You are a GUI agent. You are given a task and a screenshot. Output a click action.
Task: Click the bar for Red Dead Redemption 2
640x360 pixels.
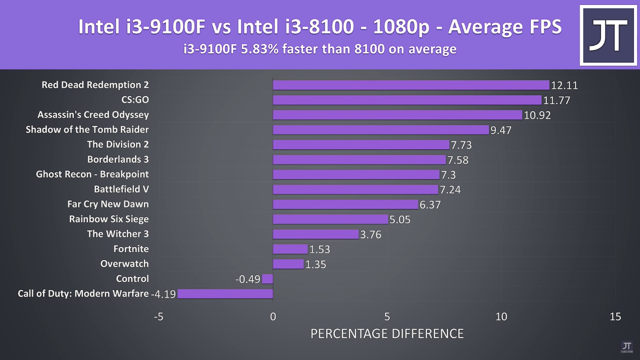411,85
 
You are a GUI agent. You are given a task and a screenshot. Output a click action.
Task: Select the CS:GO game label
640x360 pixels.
135,100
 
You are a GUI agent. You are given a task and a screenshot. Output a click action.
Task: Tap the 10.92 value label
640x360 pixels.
537,115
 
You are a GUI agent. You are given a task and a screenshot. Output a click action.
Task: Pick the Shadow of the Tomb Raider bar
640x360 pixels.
381,130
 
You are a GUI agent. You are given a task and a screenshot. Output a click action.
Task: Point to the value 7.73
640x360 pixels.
461,145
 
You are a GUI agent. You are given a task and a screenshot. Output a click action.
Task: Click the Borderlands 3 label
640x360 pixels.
118,160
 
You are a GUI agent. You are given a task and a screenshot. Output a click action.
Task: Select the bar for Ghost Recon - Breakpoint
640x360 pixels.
356,174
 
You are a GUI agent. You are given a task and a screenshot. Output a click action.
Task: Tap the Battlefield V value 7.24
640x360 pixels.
450,190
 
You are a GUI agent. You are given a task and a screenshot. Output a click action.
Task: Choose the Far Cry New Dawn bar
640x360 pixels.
345,204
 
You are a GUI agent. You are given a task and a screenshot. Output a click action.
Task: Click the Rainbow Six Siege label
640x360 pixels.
109,219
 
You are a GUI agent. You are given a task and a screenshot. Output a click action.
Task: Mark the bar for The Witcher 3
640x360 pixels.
316,234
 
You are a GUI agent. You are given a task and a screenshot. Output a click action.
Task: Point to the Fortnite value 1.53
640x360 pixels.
320,249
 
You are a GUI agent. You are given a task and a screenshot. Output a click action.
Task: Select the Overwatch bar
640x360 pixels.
288,264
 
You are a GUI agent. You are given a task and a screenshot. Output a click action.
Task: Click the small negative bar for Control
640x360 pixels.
267,279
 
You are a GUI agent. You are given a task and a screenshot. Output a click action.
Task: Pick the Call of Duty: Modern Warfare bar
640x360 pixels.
225,294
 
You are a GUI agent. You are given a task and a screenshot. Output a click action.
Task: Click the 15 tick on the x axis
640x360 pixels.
615,317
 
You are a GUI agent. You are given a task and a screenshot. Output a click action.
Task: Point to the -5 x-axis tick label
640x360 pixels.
158,317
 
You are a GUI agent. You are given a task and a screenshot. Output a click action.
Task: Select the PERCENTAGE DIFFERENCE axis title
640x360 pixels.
387,334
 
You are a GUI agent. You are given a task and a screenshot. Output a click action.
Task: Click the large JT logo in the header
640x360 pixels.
609,35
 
